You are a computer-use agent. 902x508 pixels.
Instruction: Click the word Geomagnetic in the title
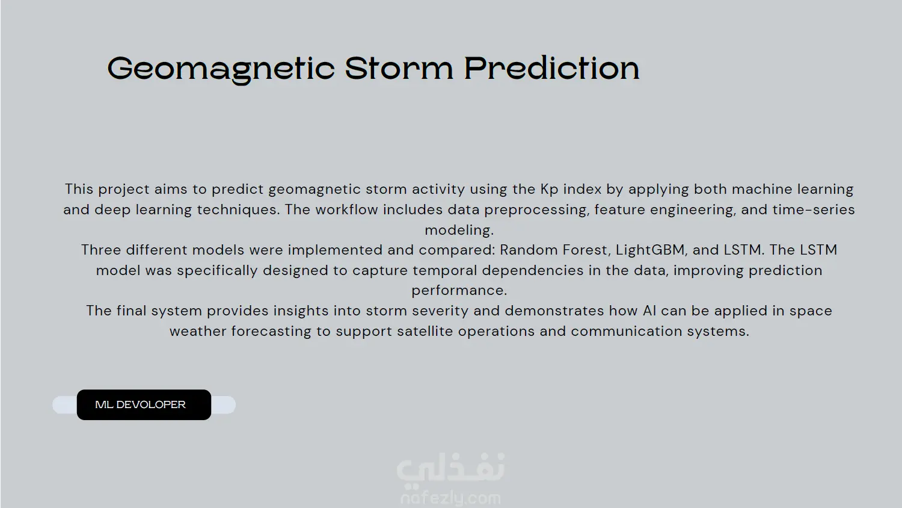click(221, 69)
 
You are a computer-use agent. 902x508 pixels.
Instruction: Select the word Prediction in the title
click(551, 68)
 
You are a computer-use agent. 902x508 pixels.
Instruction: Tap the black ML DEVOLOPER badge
click(144, 405)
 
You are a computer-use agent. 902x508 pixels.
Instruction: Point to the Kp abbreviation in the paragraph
click(549, 190)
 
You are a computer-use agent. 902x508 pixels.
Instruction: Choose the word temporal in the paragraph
click(445, 270)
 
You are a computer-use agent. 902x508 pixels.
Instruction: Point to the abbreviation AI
click(649, 311)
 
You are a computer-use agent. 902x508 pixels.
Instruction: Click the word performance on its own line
click(459, 291)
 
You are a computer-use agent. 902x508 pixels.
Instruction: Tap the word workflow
click(347, 209)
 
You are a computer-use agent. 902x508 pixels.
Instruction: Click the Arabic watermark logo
click(450, 468)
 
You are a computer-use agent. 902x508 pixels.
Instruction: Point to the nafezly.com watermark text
click(450, 499)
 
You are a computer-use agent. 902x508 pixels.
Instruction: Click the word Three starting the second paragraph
click(101, 250)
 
